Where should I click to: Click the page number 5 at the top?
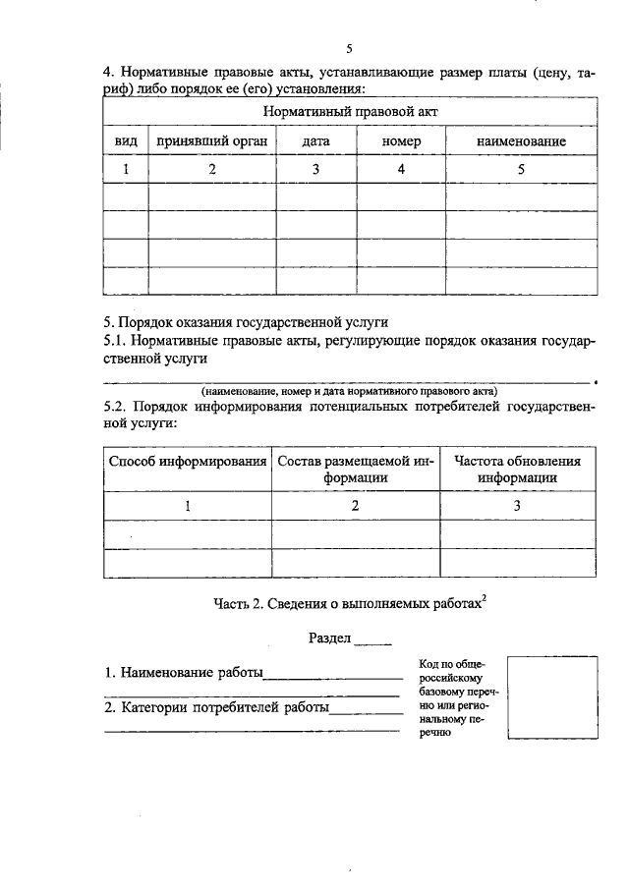pos(349,49)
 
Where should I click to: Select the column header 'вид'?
pos(125,141)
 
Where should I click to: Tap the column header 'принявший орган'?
pos(210,141)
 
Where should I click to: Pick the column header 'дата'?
pos(315,141)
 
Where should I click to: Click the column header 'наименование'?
pos(521,141)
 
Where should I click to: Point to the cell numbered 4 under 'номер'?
pos(401,169)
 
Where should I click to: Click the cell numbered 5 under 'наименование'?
pos(521,169)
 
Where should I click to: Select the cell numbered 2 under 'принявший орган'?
pos(210,169)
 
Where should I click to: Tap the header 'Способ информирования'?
pos(187,462)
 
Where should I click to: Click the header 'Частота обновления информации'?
pos(517,470)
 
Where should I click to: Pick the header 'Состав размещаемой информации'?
pos(355,470)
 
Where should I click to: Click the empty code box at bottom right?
pos(551,698)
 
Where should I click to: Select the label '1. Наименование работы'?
pos(185,674)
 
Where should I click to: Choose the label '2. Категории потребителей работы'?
pos(217,706)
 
